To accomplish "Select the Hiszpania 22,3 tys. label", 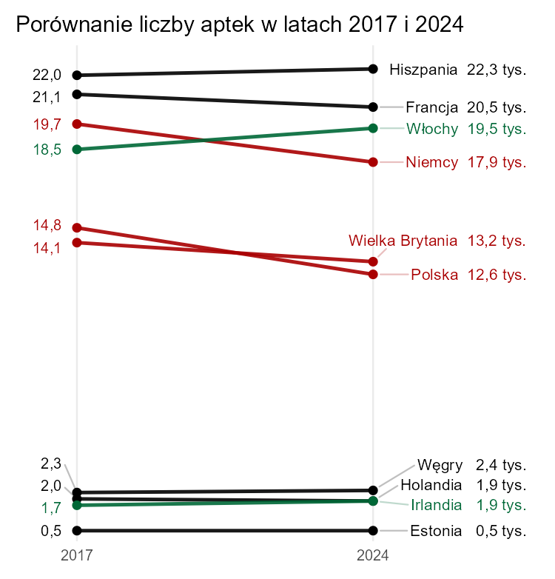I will [x=457, y=70].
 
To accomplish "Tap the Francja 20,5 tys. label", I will [x=466, y=107].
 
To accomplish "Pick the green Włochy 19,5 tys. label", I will [x=466, y=128].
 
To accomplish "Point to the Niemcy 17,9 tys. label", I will [x=466, y=163].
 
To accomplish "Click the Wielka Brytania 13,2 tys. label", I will [x=437, y=241].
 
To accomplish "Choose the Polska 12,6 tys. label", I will [x=468, y=275].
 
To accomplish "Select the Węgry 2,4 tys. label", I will [x=471, y=466].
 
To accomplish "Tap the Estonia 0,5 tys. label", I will [x=468, y=531].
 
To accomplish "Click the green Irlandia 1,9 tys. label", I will [x=468, y=506].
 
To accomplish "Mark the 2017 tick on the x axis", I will [x=76, y=554].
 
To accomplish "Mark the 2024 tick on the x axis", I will [x=373, y=554].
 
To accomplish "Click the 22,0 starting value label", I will [x=47, y=75].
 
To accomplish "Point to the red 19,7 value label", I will [x=47, y=124].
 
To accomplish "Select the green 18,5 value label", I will [x=47, y=150].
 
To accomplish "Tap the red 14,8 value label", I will [x=47, y=226].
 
